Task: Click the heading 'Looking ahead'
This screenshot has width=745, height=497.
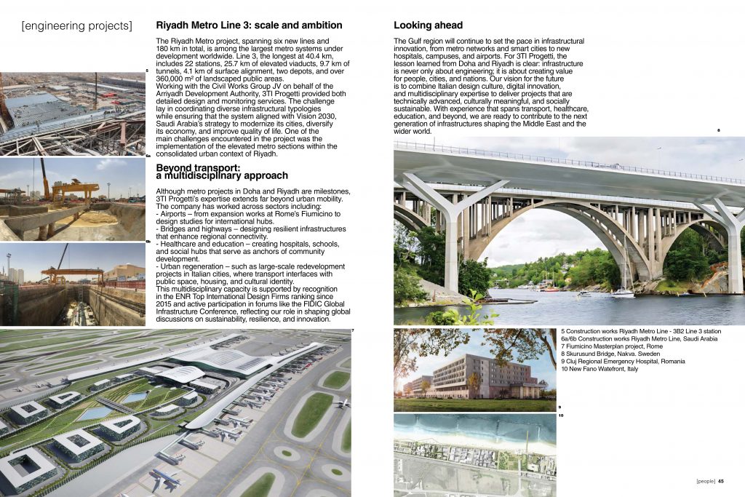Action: pyautogui.click(x=430, y=25)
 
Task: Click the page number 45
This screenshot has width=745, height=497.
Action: pyautogui.click(x=720, y=480)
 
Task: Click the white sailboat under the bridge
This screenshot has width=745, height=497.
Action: pyautogui.click(x=623, y=289)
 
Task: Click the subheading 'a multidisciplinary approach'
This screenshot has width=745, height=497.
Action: pyautogui.click(x=222, y=176)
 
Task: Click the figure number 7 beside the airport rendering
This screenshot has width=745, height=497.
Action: pyautogui.click(x=353, y=332)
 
